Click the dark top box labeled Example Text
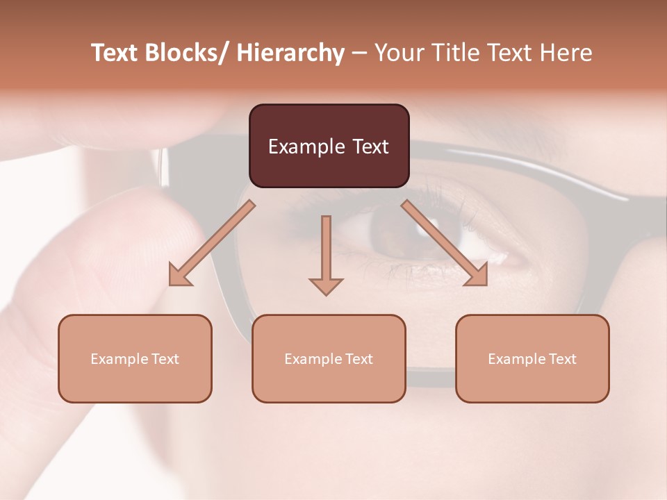329,146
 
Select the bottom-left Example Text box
135,358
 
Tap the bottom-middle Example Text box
329,358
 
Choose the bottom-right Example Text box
532,358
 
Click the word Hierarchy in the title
290,53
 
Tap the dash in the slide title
359,53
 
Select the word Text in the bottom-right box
562,358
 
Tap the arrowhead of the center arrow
326,285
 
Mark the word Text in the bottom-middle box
359,358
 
